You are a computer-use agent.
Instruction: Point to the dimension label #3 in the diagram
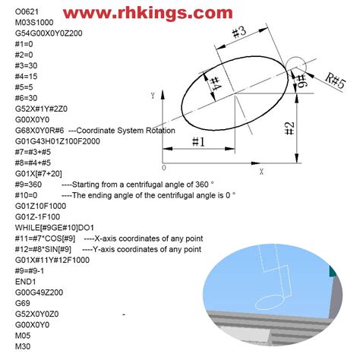pyautogui.click(x=238, y=33)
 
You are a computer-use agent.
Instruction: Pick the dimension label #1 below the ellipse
pyautogui.click(x=199, y=141)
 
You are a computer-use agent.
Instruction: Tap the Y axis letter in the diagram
pyautogui.click(x=153, y=96)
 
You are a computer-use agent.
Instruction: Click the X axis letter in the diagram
pyautogui.click(x=261, y=172)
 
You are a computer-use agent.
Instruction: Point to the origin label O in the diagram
pyautogui.click(x=164, y=168)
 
